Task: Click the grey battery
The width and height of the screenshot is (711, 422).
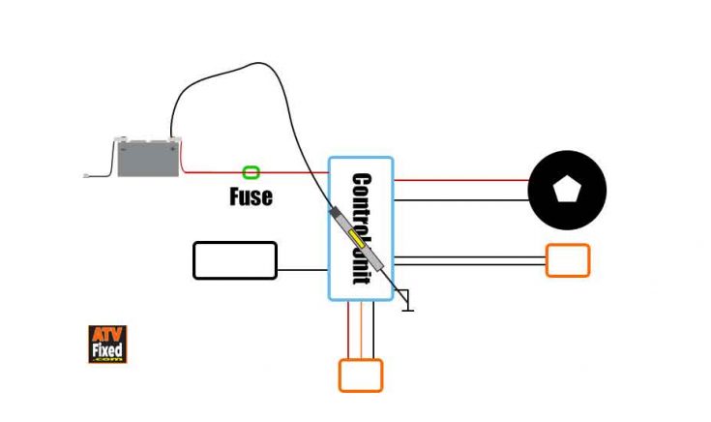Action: [148, 159]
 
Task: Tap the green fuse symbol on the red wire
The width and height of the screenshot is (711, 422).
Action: [252, 172]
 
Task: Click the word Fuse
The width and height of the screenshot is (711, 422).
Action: [251, 196]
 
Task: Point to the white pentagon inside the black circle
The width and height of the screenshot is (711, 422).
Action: [566, 190]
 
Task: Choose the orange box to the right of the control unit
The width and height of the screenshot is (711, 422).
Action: [567, 260]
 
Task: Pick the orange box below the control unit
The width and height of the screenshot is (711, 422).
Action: [360, 376]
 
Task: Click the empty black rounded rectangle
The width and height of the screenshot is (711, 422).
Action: [235, 260]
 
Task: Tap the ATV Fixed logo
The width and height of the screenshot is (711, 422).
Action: [107, 344]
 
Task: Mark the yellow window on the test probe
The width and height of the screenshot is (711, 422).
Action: [360, 238]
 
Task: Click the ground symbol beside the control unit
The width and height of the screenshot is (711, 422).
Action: [408, 303]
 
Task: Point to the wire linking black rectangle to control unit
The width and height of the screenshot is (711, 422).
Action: [303, 270]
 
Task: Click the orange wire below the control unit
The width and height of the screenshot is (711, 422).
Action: [362, 330]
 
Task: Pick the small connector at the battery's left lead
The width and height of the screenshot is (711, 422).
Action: [88, 175]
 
